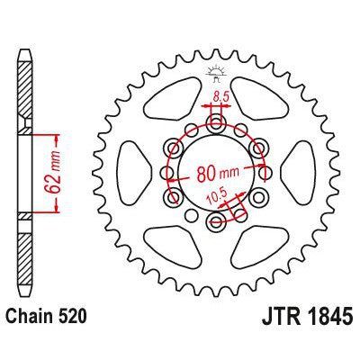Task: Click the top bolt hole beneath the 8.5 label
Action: (x=215, y=120)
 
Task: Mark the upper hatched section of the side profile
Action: (x=24, y=99)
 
